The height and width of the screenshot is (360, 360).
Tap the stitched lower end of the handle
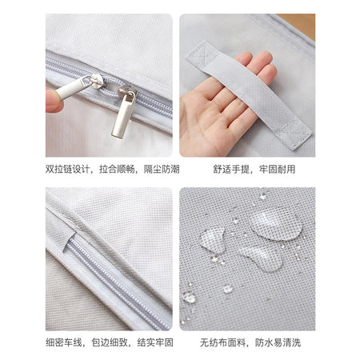pyautogui.click(x=294, y=134)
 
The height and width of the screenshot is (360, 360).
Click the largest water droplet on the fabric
pyautogui.click(x=275, y=223)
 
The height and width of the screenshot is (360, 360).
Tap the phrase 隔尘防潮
pyautogui.click(x=162, y=169)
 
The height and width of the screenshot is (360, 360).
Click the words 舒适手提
pyautogui.click(x=230, y=169)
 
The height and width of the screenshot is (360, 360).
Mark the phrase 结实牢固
pyautogui.click(x=155, y=342)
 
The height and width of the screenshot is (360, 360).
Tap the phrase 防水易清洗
pyautogui.click(x=278, y=342)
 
